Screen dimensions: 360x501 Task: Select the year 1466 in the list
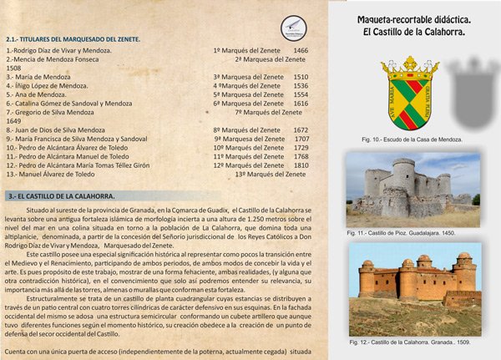pyautogui.click(x=301, y=51)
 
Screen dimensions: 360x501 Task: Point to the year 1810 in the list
pyautogui.click(x=301, y=165)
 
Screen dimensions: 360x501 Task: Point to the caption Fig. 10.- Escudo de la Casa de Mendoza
pyautogui.click(x=414, y=138)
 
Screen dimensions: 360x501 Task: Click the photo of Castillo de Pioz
pyautogui.click(x=414, y=189)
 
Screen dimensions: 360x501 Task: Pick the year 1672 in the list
pyautogui.click(x=301, y=130)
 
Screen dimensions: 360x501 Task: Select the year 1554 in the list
pyautogui.click(x=301, y=94)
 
